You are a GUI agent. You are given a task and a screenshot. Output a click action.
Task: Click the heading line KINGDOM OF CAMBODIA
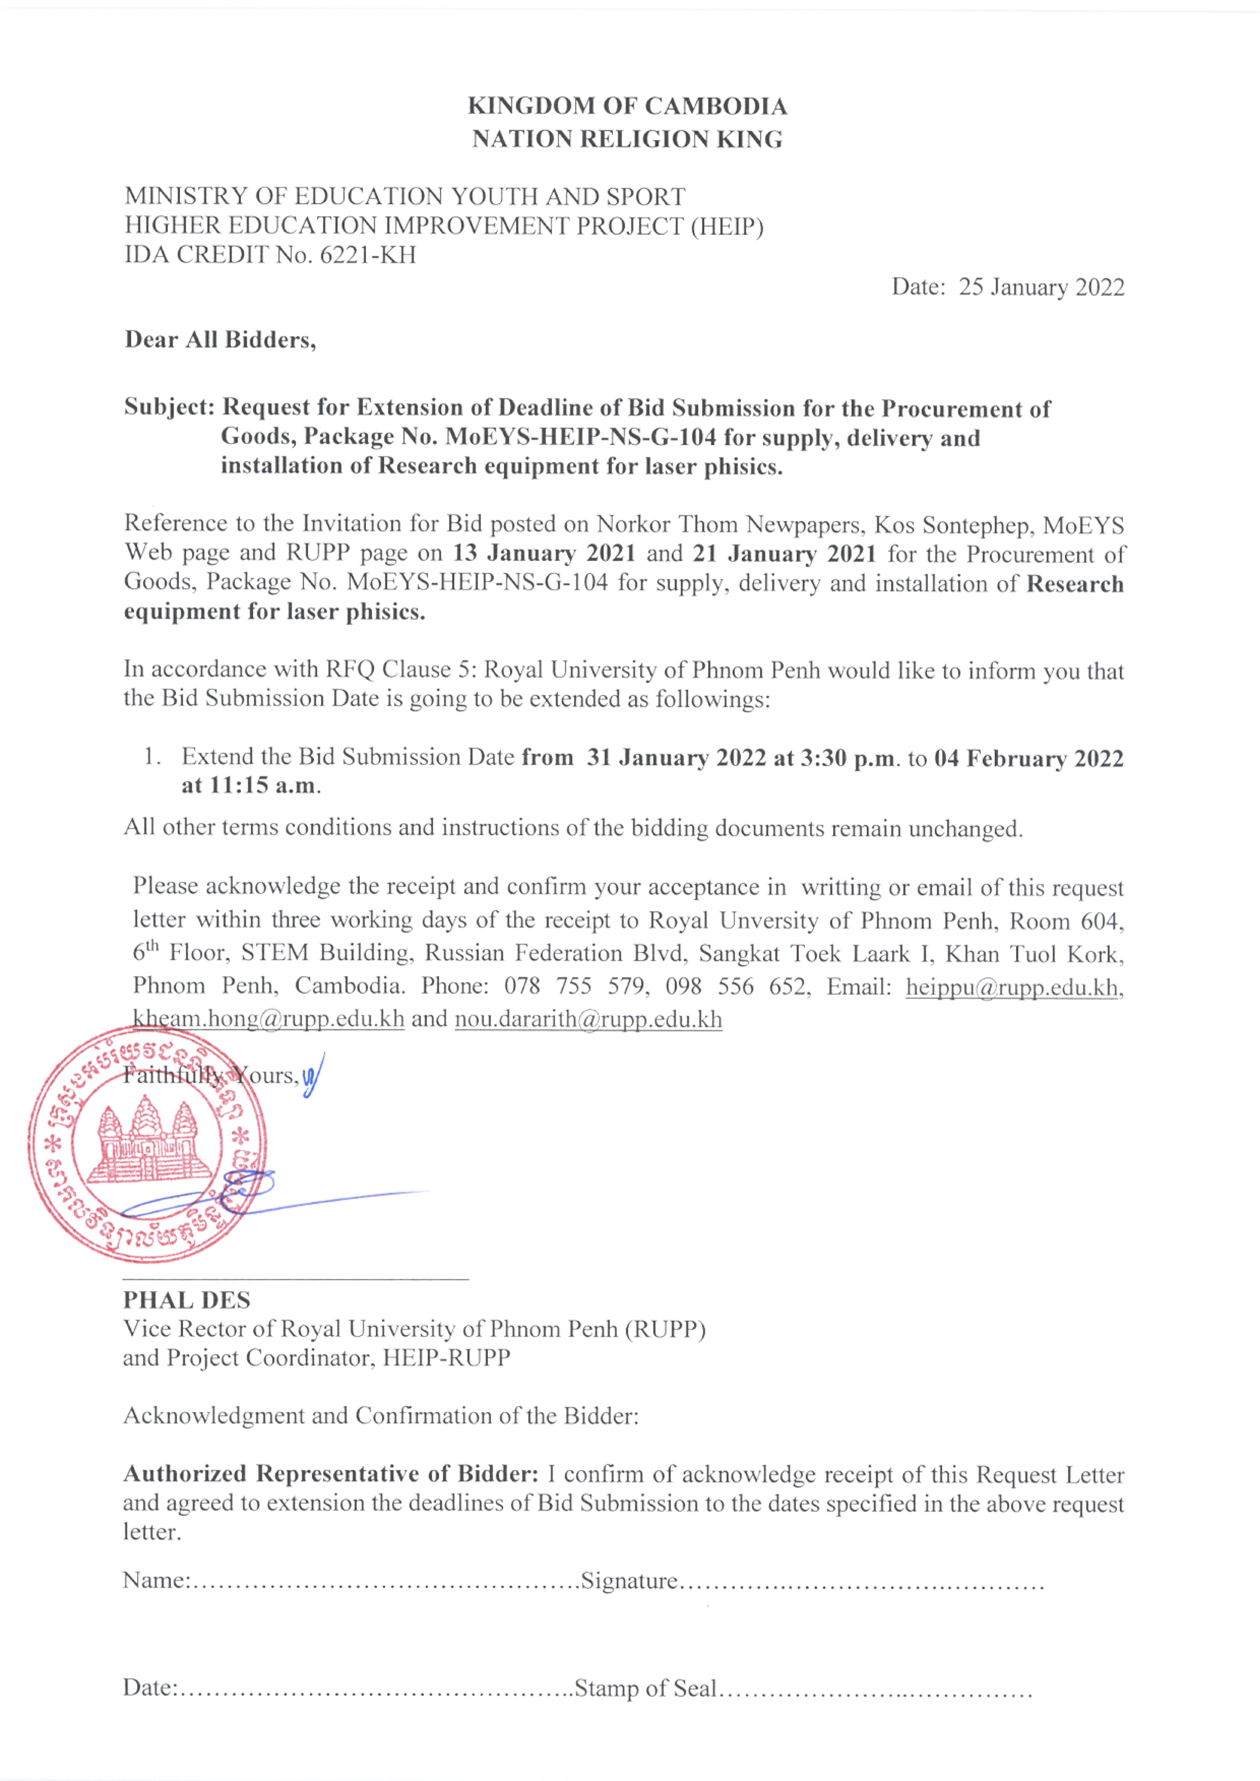tap(627, 106)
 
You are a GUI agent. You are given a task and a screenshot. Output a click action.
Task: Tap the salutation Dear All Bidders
tap(220, 340)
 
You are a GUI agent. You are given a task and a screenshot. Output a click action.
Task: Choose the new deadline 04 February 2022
tap(1028, 758)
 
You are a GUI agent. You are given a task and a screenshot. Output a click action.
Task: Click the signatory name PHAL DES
tap(187, 1300)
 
